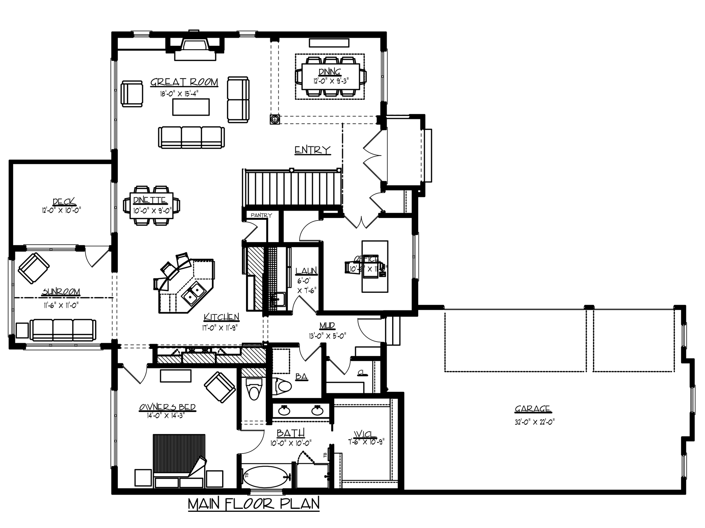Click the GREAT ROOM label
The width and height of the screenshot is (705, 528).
click(x=184, y=82)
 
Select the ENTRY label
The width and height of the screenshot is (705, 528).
click(x=312, y=150)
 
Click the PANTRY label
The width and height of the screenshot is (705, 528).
click(x=261, y=215)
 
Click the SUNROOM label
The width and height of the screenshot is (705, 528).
click(x=61, y=292)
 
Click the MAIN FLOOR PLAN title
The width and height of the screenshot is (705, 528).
click(x=254, y=504)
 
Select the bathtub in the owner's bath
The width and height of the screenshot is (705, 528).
click(x=267, y=477)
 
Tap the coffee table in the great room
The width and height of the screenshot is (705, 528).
click(x=191, y=107)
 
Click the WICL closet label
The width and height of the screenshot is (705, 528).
click(x=366, y=435)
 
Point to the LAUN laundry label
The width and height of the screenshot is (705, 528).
click(x=306, y=271)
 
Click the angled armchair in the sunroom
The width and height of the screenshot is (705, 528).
click(x=34, y=268)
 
